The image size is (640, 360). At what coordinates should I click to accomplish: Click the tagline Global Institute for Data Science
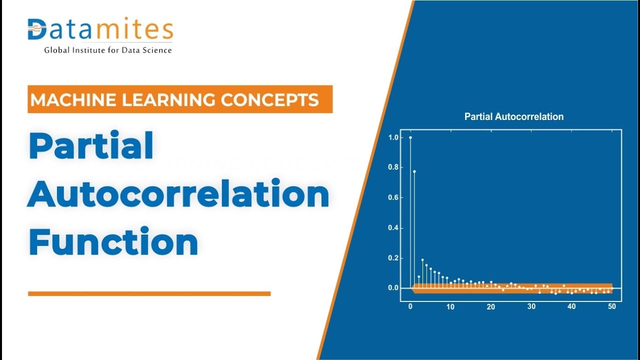(108, 50)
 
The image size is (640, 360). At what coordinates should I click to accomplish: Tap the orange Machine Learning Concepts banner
(180, 99)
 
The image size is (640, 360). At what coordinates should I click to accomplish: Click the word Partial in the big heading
(91, 146)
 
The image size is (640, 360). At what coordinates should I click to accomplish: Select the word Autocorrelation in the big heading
(178, 195)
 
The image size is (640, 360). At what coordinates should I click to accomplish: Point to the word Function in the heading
(113, 242)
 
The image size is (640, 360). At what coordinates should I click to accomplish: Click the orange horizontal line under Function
(149, 294)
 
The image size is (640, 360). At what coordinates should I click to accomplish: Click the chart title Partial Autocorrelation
(513, 117)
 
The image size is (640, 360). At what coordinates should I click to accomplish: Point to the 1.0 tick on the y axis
(393, 137)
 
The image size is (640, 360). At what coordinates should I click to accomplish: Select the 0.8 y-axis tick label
(393, 167)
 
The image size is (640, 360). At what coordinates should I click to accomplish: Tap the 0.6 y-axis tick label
(393, 198)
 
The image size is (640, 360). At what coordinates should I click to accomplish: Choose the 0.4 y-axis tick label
(393, 228)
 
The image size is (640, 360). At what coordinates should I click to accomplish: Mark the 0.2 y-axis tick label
(393, 258)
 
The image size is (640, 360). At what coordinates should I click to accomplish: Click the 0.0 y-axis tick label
(393, 288)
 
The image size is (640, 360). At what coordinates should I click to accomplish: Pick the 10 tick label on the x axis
(450, 307)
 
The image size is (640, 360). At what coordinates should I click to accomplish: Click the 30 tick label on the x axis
(531, 307)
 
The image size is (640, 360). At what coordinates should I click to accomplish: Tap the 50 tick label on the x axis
(612, 307)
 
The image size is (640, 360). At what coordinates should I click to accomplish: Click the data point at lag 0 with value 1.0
(410, 137)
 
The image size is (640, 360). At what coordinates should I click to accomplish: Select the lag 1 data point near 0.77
(414, 171)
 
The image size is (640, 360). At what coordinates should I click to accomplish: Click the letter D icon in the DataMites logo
(36, 30)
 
